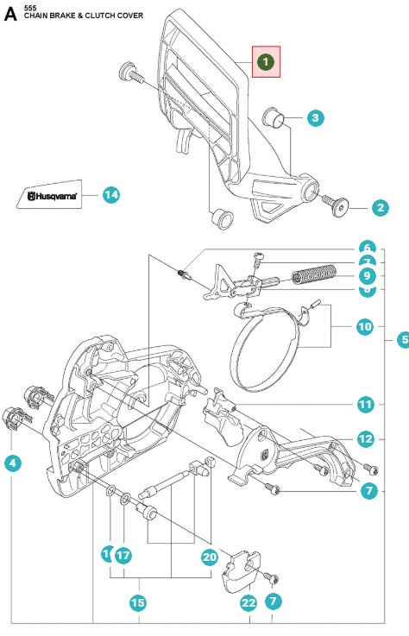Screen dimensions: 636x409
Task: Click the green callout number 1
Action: coord(266,62)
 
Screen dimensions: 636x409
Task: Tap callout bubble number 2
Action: coord(381,206)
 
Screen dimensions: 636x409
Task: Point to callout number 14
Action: coord(111,195)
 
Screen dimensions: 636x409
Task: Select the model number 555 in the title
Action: coord(31,6)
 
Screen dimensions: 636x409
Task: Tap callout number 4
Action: coord(12,463)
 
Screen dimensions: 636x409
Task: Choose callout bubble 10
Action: coord(365,327)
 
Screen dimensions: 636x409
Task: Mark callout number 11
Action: coord(365,404)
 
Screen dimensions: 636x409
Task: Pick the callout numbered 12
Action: coord(365,438)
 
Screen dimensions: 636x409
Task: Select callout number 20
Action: coord(209,557)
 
